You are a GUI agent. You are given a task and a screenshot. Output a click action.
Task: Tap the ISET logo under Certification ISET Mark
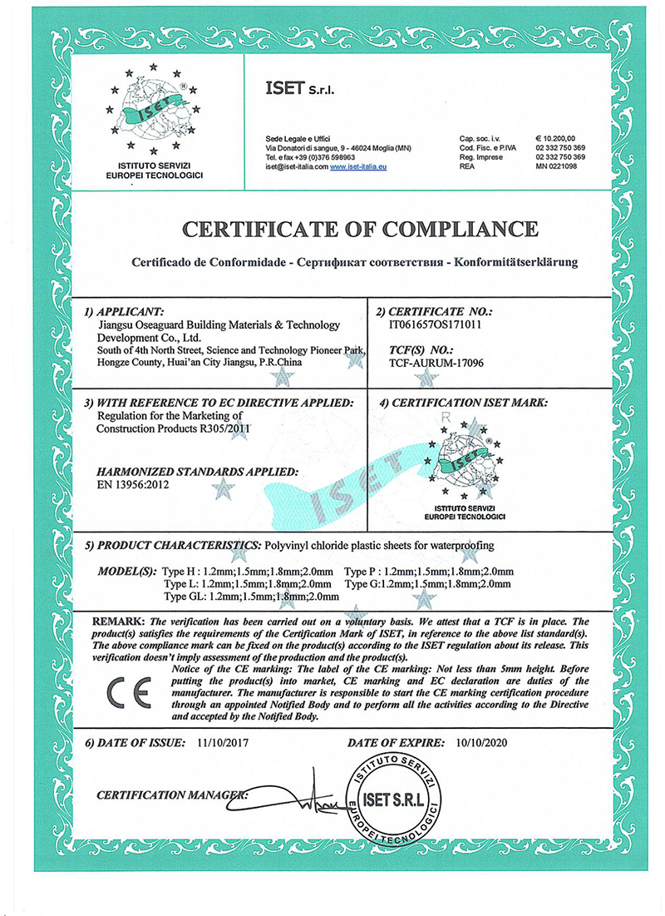tap(464, 462)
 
